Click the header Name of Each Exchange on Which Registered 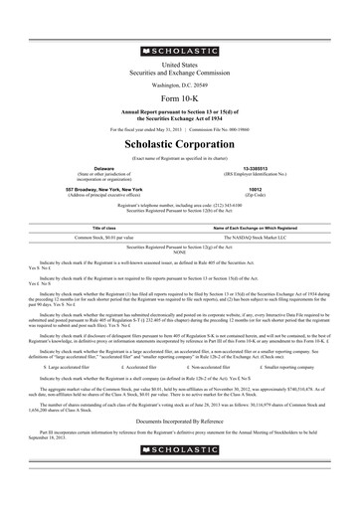256,228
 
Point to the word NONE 179,252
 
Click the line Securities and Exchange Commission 179,71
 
